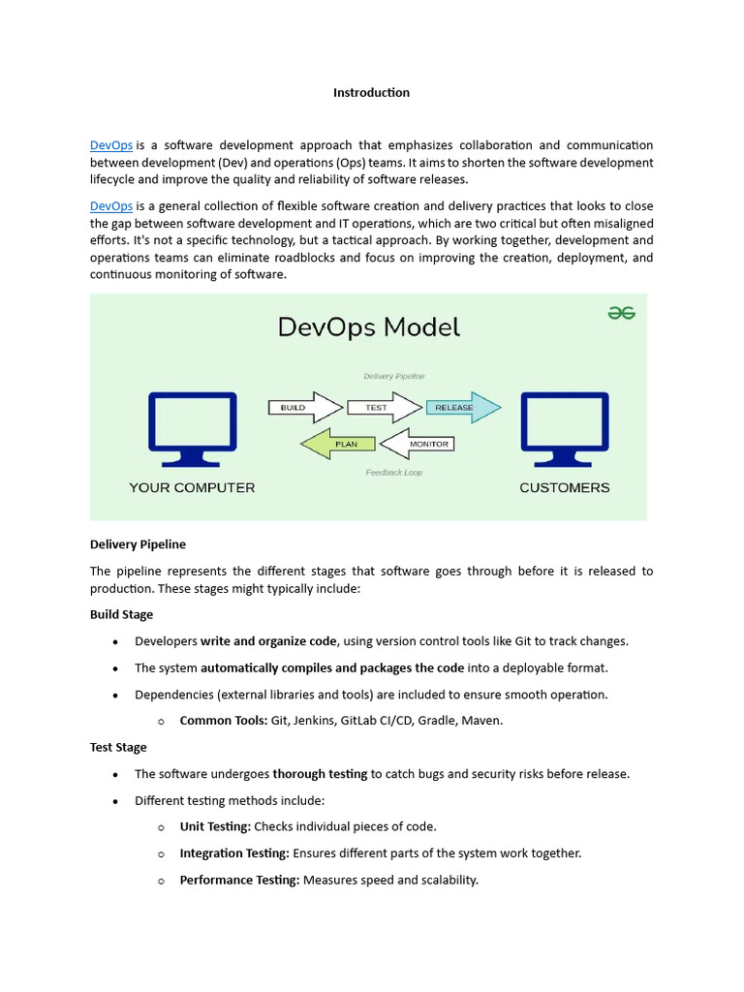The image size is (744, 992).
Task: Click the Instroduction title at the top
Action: [x=371, y=93]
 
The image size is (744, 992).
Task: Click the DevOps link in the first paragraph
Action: [x=111, y=145]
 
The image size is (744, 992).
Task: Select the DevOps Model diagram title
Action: [x=369, y=327]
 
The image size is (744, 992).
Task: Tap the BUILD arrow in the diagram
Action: [x=302, y=408]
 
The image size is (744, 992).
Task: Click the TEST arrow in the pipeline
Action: [x=382, y=408]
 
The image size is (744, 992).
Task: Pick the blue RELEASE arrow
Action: [x=461, y=408]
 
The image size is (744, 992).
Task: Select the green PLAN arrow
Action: [x=338, y=444]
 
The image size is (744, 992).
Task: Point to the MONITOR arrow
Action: [x=418, y=444]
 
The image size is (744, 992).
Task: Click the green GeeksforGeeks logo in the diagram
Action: [x=621, y=313]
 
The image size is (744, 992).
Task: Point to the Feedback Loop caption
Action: [x=393, y=473]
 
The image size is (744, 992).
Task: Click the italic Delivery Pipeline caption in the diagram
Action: [x=393, y=376]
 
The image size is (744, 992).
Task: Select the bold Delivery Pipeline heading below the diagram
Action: [x=138, y=544]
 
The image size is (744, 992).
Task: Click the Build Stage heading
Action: [x=121, y=614]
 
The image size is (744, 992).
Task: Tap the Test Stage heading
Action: [x=118, y=747]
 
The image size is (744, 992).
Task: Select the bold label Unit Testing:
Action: [x=215, y=826]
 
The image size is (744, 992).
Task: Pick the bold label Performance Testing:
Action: [x=239, y=880]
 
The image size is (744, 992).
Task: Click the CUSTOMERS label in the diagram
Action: [x=565, y=487]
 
